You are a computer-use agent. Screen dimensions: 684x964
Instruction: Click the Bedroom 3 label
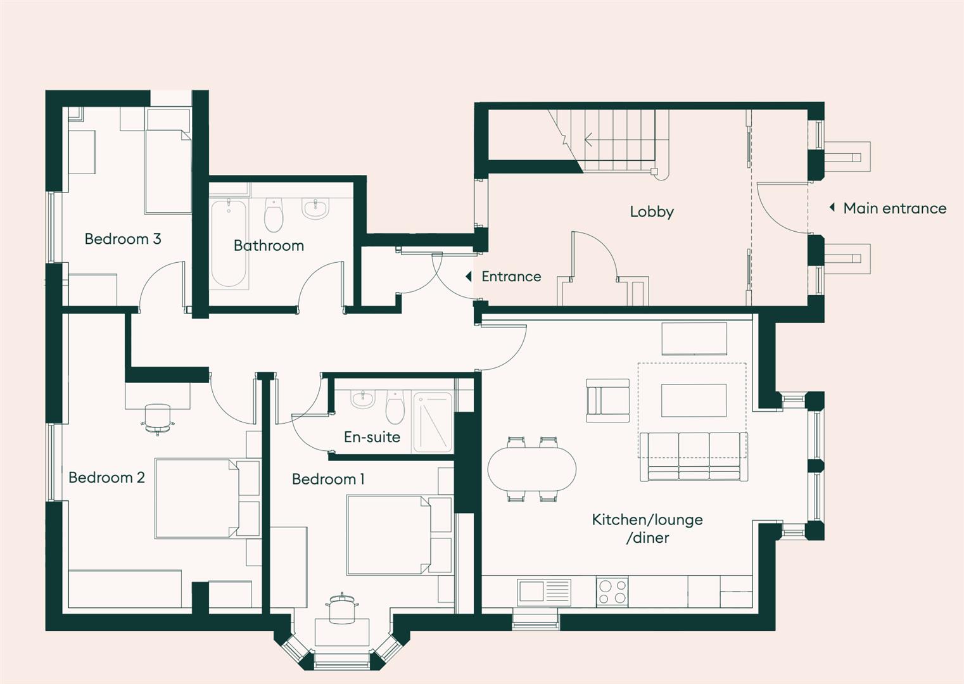[122, 239]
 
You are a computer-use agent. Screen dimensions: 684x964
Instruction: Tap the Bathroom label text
[269, 246]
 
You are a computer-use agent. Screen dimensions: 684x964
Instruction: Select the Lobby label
[651, 212]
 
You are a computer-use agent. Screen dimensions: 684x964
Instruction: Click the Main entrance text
[894, 208]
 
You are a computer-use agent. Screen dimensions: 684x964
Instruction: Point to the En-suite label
[372, 437]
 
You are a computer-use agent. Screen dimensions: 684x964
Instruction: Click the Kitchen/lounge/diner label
[647, 528]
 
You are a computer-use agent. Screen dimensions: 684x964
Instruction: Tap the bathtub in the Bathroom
[228, 244]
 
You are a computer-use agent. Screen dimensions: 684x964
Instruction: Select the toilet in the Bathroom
[274, 215]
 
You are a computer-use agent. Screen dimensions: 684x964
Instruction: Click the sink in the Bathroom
[315, 208]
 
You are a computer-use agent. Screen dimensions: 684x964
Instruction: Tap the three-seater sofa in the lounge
[693, 457]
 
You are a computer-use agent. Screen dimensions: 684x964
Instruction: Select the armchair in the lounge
[607, 401]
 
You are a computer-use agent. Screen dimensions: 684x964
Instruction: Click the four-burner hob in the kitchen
[612, 592]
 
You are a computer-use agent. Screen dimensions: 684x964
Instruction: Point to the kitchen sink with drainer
[543, 592]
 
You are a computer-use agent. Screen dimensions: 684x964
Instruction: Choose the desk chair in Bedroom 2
[158, 418]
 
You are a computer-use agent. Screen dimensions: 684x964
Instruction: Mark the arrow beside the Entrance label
[469, 277]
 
